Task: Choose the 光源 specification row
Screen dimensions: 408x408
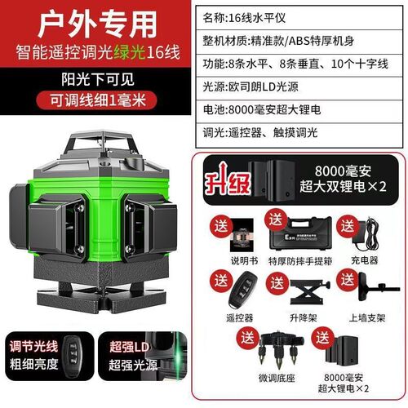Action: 302,88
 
